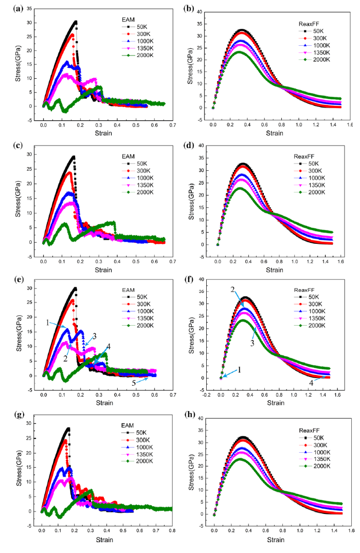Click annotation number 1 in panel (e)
[x=47, y=323]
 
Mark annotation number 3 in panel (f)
[x=253, y=343]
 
